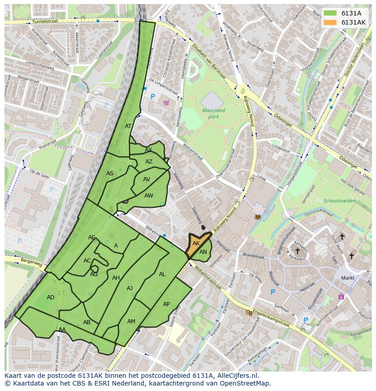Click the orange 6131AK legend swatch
pyautogui.click(x=330, y=22)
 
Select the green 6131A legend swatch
pyautogui.click(x=330, y=13)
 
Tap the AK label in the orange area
pyautogui.click(x=196, y=243)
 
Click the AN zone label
pyautogui.click(x=203, y=252)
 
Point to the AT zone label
pyautogui.click(x=128, y=126)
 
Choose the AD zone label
pyautogui.click(x=50, y=297)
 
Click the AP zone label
pyautogui.click(x=166, y=304)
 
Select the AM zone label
pyautogui.click(x=131, y=322)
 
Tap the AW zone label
pyautogui.click(x=148, y=196)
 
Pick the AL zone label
pyautogui.click(x=162, y=274)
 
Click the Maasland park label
pyautogui.click(x=213, y=114)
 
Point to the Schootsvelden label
pyautogui.click(x=340, y=201)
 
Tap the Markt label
pyautogui.click(x=348, y=277)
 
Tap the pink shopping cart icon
pyautogui.click(x=166, y=103)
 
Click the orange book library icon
pyautogui.click(x=258, y=217)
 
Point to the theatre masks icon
pyautogui.click(x=249, y=312)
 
